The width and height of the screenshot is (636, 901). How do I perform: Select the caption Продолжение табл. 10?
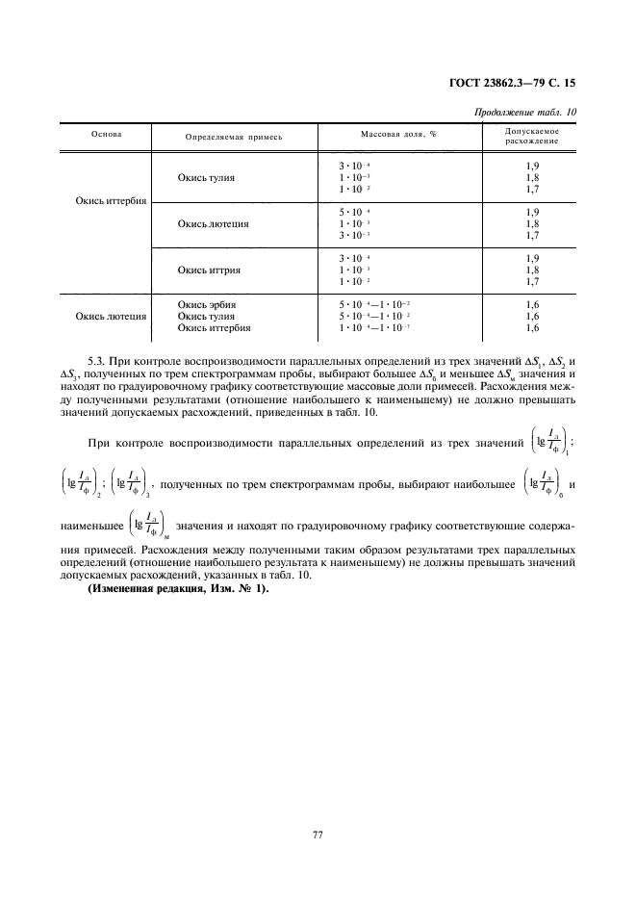(525, 112)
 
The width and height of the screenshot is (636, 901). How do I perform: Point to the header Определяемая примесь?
(234, 137)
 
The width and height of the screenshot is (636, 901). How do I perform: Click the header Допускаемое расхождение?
(532, 136)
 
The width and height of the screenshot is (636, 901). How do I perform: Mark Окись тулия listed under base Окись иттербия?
(206, 178)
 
